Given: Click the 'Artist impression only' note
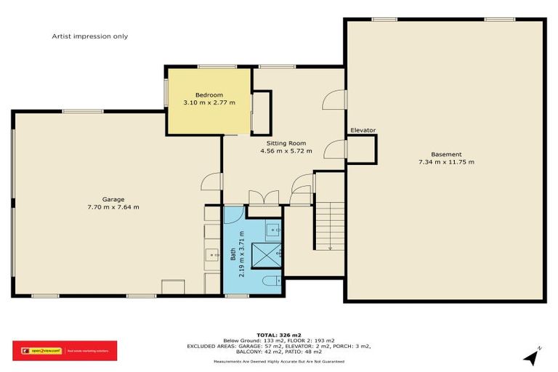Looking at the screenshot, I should [x=89, y=36].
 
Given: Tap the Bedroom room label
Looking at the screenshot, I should [x=209, y=95].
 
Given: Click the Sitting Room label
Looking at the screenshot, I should [x=286, y=143].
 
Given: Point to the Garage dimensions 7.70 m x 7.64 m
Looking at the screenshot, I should [x=113, y=207].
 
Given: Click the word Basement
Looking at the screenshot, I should [x=446, y=154].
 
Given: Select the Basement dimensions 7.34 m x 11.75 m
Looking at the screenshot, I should [x=446, y=162].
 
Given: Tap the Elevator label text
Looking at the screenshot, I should [x=363, y=130].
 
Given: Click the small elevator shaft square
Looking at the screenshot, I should [x=362, y=150].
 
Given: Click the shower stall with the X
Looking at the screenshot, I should [x=266, y=254].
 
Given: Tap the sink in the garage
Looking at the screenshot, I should [x=213, y=254].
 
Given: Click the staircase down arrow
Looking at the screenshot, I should [x=330, y=247].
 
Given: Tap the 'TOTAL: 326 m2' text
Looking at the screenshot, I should [x=279, y=333].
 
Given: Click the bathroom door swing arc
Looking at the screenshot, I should [x=235, y=215].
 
